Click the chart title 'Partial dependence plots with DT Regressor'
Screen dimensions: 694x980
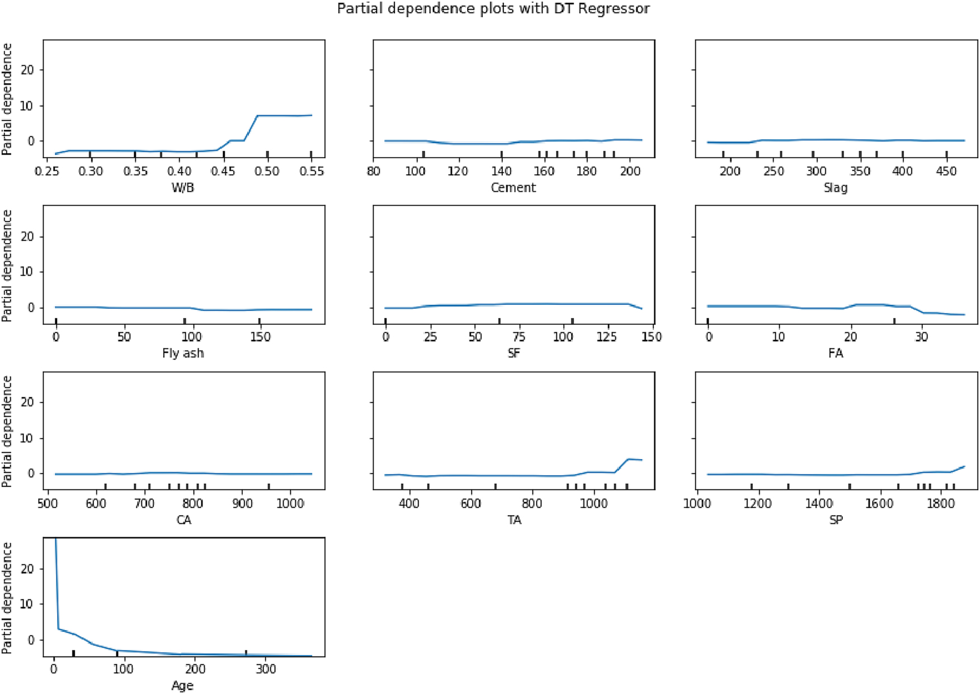(x=493, y=8)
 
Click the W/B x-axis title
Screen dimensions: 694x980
(x=183, y=188)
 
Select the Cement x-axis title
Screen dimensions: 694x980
(x=513, y=188)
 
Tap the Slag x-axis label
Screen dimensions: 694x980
(x=835, y=188)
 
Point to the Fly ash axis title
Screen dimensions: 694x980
(x=183, y=353)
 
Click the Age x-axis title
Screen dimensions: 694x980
(x=182, y=686)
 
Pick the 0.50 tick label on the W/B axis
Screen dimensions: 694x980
(x=267, y=171)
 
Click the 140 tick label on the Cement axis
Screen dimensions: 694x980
(x=501, y=171)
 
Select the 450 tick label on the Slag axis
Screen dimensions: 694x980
(x=946, y=171)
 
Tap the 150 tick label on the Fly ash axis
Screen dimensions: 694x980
(x=260, y=337)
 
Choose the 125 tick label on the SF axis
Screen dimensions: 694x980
(x=607, y=337)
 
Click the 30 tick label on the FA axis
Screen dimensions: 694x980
(x=921, y=337)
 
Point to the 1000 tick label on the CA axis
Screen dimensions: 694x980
(x=290, y=503)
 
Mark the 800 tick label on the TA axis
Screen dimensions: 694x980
(x=532, y=503)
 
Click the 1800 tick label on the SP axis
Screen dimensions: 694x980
(x=941, y=503)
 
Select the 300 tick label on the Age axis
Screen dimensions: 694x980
(x=266, y=669)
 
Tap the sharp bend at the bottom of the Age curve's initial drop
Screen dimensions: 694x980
(x=58, y=629)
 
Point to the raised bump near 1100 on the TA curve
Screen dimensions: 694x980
(x=629, y=459)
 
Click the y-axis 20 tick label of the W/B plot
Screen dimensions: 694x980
(x=27, y=70)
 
